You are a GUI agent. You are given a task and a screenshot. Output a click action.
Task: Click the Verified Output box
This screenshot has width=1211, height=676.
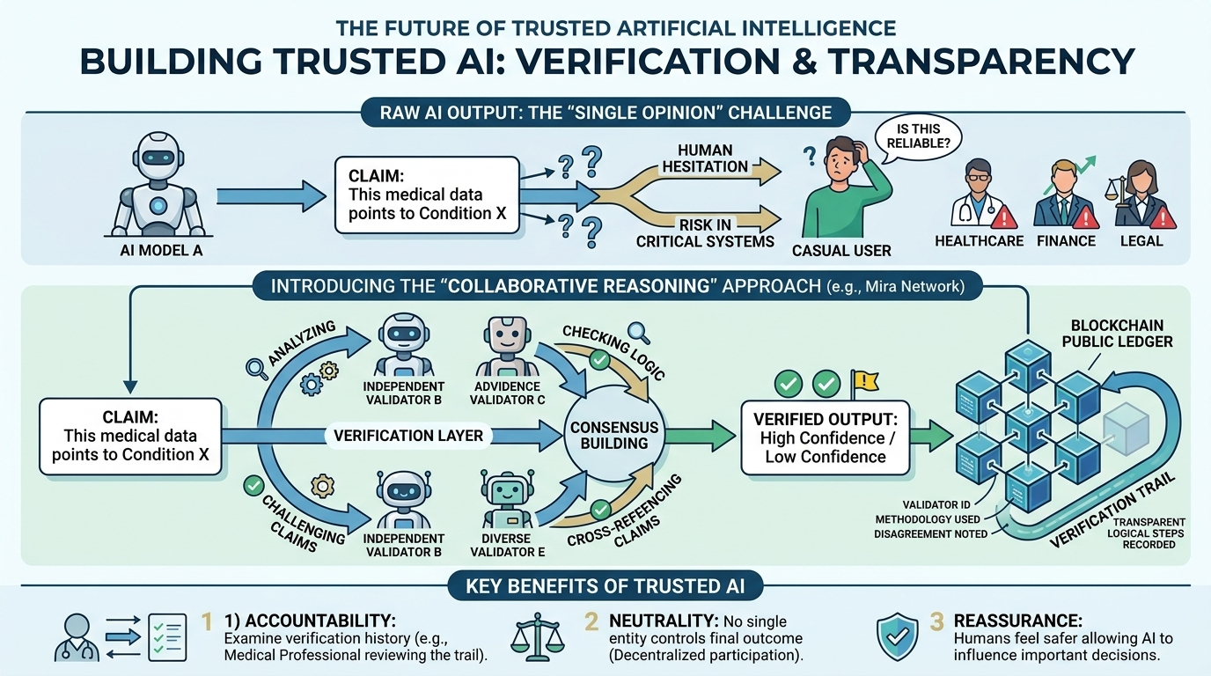(824, 437)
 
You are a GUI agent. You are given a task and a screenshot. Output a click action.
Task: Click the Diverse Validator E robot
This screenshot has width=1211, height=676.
(507, 502)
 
